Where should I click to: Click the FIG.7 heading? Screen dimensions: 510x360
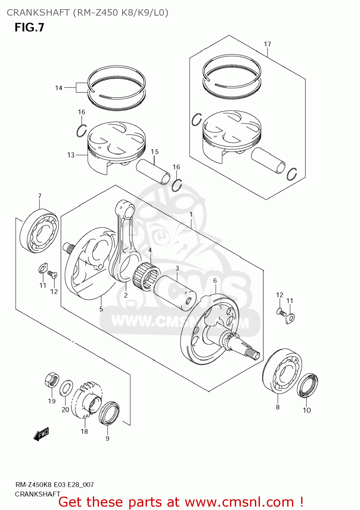click(29, 27)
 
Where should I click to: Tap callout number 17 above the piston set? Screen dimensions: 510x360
click(267, 44)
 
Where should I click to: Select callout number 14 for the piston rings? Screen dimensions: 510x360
click(59, 88)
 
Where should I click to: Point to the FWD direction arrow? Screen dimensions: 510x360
click(42, 434)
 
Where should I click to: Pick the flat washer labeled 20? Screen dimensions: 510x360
click(66, 388)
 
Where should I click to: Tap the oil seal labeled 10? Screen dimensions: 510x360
click(307, 386)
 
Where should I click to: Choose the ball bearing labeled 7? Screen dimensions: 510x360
click(39, 231)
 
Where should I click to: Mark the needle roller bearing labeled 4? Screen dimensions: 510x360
click(147, 277)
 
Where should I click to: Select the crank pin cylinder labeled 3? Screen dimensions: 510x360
click(175, 292)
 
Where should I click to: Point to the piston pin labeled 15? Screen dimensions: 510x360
click(153, 172)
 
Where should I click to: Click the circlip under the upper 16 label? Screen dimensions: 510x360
click(81, 131)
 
